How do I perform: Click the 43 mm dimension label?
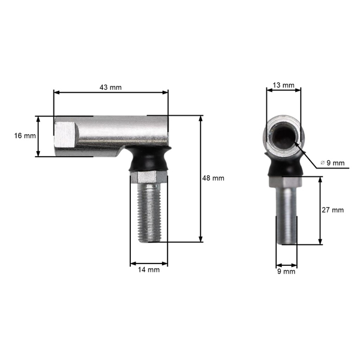pyautogui.click(x=112, y=87)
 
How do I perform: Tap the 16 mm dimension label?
pyautogui.click(x=25, y=136)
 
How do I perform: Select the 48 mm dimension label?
pyautogui.click(x=213, y=178)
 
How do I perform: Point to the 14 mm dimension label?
pyautogui.click(x=149, y=270)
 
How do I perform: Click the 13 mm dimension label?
pyautogui.click(x=284, y=86)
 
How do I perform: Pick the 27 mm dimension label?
pyautogui.click(x=333, y=210)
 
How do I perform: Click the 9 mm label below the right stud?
pyautogui.click(x=286, y=271)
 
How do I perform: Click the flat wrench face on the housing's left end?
pyautogui.click(x=65, y=135)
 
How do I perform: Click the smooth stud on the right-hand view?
pyautogui.click(x=286, y=216)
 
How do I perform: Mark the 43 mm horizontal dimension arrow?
pyautogui.click(x=112, y=92)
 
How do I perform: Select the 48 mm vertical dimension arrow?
pyautogui.click(x=200, y=178)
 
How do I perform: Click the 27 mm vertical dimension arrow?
pyautogui.click(x=321, y=210)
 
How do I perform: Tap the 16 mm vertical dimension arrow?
pyautogui.click(x=38, y=136)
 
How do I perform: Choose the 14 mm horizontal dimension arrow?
pyautogui.click(x=149, y=263)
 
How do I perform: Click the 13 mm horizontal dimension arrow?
pyautogui.click(x=284, y=91)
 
